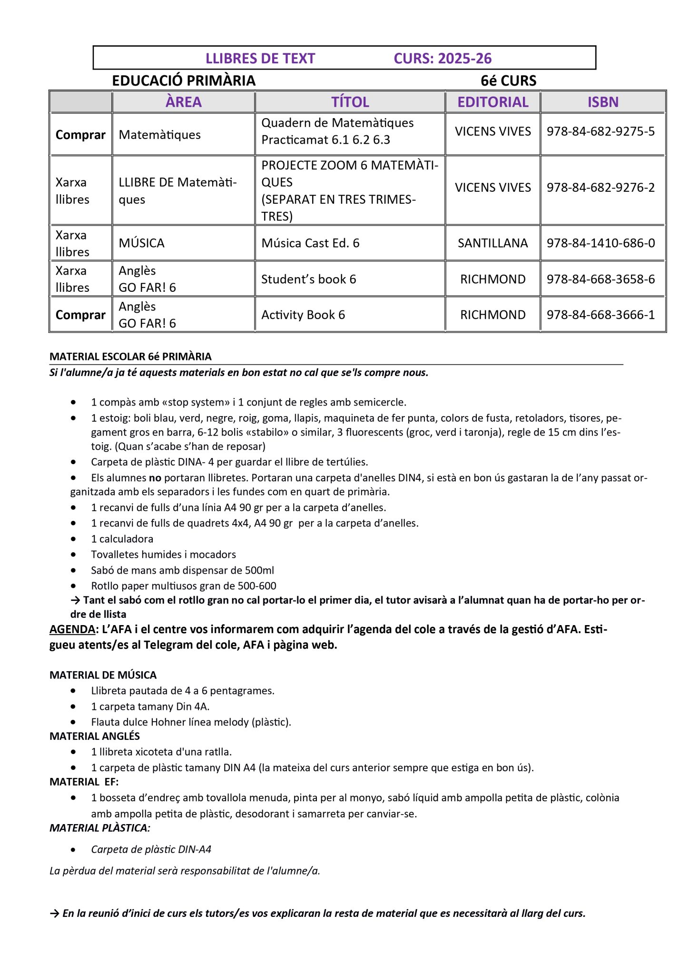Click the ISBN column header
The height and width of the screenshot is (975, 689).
(603, 102)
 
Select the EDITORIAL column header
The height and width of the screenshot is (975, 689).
(492, 102)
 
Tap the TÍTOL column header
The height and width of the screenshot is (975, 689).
(350, 102)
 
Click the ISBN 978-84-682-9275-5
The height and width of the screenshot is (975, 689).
(600, 131)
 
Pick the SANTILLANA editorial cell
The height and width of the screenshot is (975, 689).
(492, 243)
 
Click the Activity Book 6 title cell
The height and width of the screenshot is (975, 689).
(303, 315)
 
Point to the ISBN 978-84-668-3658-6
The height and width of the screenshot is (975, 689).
(600, 279)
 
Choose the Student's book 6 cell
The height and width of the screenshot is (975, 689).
(308, 279)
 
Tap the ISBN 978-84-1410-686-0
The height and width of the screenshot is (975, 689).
(600, 243)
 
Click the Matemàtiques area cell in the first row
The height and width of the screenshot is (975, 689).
(159, 135)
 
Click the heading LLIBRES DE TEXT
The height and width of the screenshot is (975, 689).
(260, 59)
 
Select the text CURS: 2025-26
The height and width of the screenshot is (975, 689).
(443, 59)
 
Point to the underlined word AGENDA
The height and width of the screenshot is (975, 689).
(72, 629)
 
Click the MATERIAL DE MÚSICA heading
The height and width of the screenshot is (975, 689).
(103, 675)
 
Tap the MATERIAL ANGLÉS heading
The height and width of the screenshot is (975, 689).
(95, 736)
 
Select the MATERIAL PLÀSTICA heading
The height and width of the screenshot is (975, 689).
(100, 828)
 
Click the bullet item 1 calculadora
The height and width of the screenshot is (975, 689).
(122, 539)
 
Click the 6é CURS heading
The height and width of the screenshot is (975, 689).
(508, 81)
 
